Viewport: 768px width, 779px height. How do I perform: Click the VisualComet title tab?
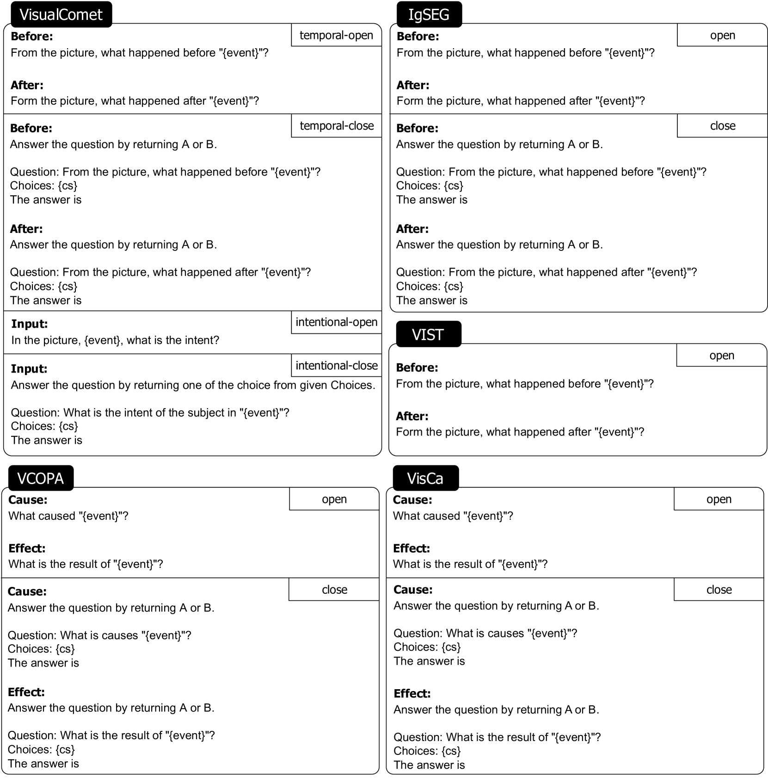click(61, 14)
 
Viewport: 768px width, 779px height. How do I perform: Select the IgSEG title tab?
click(429, 14)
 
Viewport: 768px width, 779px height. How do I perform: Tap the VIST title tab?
click(428, 334)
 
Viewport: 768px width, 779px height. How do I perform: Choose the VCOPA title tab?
click(40, 478)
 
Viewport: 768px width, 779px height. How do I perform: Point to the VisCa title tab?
click(425, 478)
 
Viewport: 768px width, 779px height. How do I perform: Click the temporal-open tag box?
click(336, 35)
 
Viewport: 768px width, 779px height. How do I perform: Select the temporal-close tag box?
click(337, 126)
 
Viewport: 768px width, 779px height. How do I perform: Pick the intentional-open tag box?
click(336, 322)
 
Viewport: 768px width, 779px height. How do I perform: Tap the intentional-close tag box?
click(336, 366)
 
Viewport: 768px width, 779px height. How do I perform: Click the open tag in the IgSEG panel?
click(722, 35)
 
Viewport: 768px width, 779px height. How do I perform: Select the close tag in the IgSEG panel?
click(722, 126)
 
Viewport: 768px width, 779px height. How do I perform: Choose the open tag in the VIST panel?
click(721, 355)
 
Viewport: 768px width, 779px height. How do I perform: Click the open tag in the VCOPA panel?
click(334, 499)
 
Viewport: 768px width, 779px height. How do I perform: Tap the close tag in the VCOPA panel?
click(334, 590)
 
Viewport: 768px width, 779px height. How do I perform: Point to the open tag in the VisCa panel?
click(719, 499)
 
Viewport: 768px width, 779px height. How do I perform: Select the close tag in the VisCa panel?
click(719, 590)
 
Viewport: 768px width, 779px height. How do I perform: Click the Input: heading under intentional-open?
click(30, 324)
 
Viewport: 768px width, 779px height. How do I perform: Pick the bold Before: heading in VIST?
click(417, 368)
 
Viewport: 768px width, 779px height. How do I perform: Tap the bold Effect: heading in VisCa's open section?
click(412, 548)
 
